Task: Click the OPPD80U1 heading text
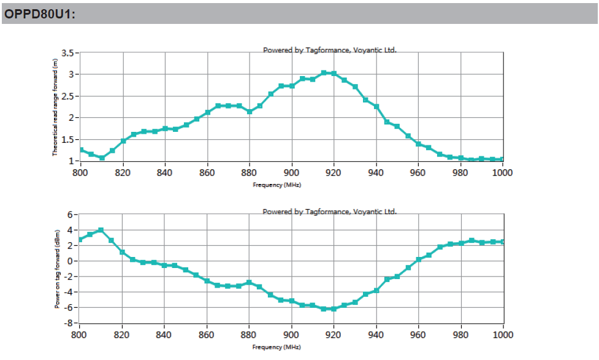[40, 14]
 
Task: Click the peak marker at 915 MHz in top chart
[323, 73]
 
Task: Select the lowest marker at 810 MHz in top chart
[102, 158]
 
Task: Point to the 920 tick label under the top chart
[334, 172]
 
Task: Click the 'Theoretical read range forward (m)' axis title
[55, 107]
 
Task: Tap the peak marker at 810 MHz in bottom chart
[101, 230]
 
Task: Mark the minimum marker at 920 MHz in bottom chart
[334, 308]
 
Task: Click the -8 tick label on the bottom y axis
[71, 323]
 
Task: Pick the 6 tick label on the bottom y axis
[71, 215]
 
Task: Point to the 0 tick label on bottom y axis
[71, 261]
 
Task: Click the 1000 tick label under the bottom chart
[502, 334]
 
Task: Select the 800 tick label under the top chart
[80, 172]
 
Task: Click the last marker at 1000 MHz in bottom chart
[503, 242]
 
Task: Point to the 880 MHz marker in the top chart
[250, 112]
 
